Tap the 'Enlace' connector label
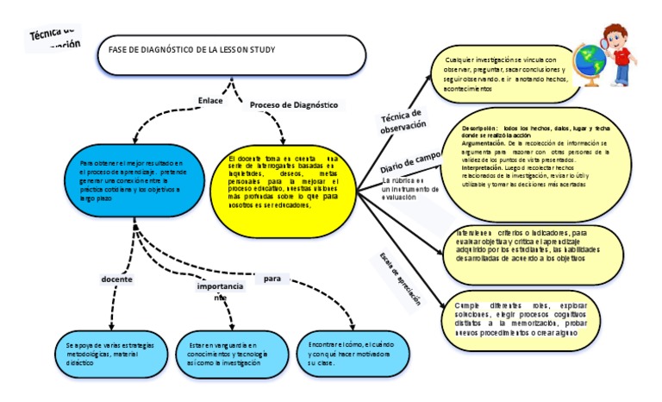210,100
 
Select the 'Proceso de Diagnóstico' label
294,104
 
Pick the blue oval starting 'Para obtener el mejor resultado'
134,181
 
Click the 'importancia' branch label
220,286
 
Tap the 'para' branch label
272,280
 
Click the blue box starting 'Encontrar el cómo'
339,352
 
